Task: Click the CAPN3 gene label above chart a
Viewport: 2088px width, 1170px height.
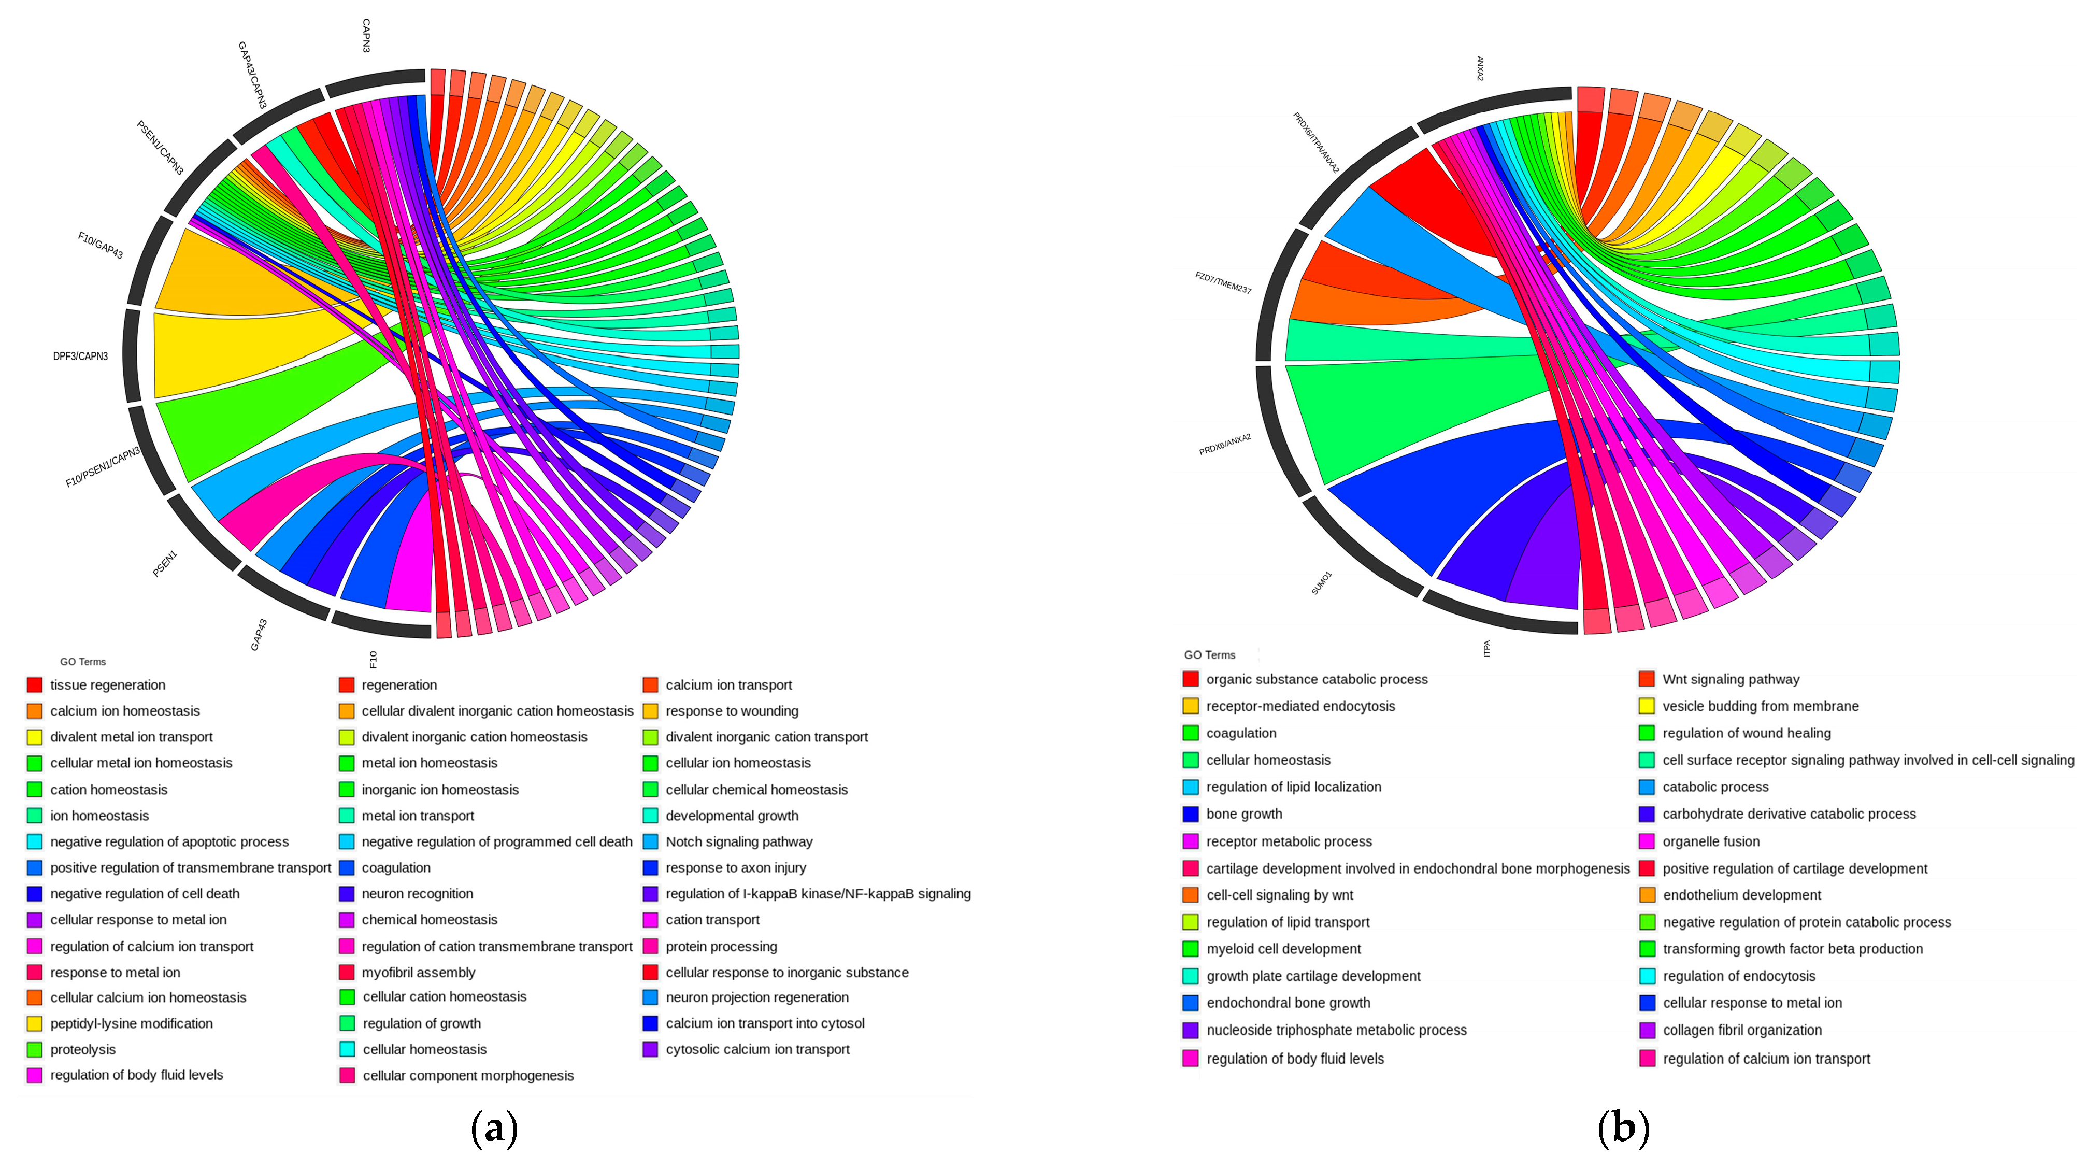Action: click(366, 36)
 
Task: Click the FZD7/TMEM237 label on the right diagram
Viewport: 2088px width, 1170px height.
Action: click(1223, 283)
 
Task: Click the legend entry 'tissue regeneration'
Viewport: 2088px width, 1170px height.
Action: click(107, 685)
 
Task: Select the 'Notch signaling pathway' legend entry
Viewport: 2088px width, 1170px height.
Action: click(738, 841)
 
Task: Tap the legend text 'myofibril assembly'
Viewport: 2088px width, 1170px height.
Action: click(418, 972)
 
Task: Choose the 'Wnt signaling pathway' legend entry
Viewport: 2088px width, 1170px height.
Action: click(1731, 679)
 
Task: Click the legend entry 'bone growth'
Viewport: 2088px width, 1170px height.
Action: click(1243, 814)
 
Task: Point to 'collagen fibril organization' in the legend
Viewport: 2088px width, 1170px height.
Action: click(1742, 1031)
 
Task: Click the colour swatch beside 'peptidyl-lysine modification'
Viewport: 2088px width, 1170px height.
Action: click(34, 1024)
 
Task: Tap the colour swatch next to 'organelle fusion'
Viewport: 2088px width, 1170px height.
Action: click(1646, 841)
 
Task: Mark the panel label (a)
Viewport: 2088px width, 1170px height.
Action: click(494, 1128)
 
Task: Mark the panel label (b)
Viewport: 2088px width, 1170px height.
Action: click(1623, 1128)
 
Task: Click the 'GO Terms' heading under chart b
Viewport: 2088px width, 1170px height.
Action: click(1209, 655)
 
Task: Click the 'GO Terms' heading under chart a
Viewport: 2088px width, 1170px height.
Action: click(83, 662)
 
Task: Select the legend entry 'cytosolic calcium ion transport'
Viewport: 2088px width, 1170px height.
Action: click(757, 1049)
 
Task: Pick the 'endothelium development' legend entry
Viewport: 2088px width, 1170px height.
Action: click(1741, 895)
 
